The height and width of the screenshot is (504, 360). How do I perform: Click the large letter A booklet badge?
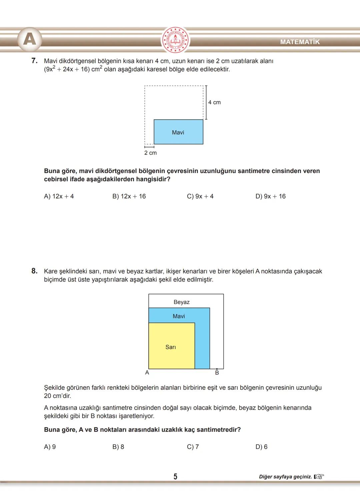coord(30,39)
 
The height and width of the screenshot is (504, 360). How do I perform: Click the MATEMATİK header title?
coord(300,42)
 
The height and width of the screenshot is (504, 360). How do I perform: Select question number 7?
coord(34,61)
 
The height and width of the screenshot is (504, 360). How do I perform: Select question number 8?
coord(34,271)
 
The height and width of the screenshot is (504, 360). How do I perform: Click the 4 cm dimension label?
coord(214,102)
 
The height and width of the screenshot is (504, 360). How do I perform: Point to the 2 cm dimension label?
coord(150,153)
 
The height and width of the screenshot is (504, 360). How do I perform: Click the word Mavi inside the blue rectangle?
coord(178,132)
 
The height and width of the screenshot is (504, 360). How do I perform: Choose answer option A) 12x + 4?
coord(59,196)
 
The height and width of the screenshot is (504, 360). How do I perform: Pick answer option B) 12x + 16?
coord(129,196)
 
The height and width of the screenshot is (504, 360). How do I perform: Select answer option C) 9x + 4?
coord(200,196)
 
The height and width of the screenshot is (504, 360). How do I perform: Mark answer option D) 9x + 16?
coord(270,196)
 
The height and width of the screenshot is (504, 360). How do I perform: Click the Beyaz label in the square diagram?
coord(181,302)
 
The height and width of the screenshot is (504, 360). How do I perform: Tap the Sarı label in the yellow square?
coord(171,347)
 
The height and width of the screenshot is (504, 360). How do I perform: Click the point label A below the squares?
coord(147,373)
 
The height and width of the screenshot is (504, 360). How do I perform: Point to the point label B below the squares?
coord(217,373)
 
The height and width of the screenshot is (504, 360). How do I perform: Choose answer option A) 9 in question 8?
coord(50,447)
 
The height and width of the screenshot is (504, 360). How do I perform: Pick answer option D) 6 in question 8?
coord(261,447)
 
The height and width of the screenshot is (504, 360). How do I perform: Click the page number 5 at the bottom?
coord(175,477)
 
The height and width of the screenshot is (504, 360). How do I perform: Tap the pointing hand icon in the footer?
coord(319,477)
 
